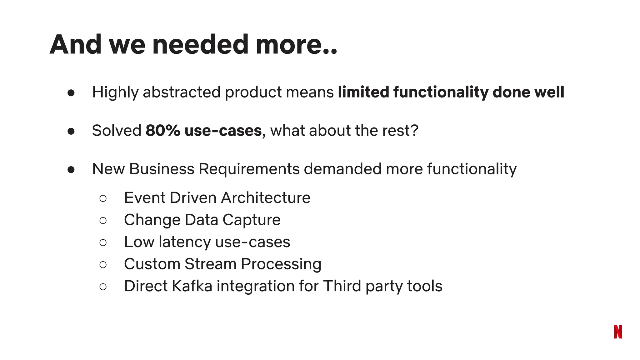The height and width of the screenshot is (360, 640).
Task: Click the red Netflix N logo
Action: [618, 332]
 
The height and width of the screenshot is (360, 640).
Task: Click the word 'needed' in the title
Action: [200, 44]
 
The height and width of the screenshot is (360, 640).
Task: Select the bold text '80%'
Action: [163, 130]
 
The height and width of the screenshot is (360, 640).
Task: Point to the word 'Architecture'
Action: [266, 198]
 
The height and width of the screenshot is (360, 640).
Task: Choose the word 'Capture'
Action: [252, 220]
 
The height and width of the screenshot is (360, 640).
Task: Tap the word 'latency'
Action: [185, 242]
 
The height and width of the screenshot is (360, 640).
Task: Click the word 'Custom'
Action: [152, 264]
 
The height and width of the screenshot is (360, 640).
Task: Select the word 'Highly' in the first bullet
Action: [115, 92]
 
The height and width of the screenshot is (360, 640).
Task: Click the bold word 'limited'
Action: [363, 92]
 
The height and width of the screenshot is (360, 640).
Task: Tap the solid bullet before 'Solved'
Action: [71, 131]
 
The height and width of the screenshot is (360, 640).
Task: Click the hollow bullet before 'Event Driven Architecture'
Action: [103, 198]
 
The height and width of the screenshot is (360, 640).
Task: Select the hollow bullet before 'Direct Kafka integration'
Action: [103, 287]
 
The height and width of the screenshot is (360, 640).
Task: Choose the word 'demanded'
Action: [343, 169]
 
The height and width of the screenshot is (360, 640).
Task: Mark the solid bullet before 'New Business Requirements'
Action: [71, 170]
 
